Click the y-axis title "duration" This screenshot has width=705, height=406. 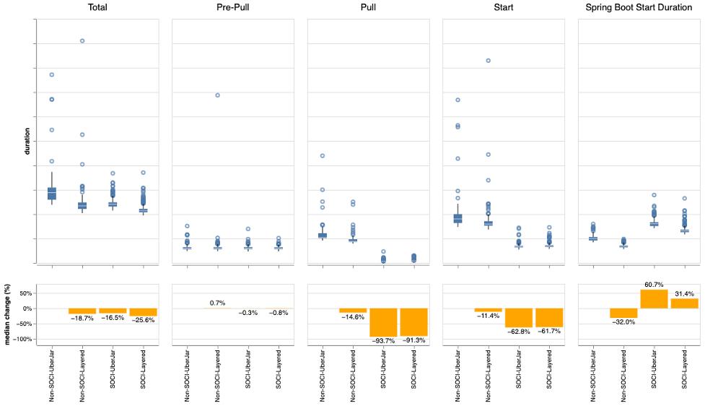[27, 142]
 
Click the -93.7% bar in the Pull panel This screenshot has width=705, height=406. [383, 322]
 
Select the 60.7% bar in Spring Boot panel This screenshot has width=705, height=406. [654, 299]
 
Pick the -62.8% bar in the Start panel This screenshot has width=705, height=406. [519, 318]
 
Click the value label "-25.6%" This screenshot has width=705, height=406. [143, 320]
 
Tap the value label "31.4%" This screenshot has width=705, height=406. [684, 293]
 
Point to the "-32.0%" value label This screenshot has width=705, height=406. [623, 322]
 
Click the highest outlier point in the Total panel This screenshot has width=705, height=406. [82, 41]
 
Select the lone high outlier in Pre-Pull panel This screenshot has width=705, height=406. [217, 95]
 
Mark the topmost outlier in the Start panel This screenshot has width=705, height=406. [489, 61]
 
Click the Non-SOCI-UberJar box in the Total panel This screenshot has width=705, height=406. [52, 193]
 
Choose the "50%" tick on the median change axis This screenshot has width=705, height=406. [25, 293]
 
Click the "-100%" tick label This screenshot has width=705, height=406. [23, 339]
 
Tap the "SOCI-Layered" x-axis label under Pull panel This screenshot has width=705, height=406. [414, 374]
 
